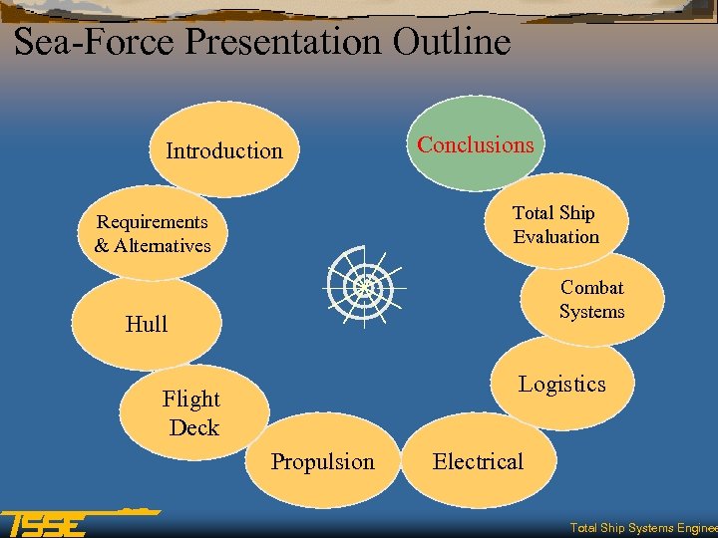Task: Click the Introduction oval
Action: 223,150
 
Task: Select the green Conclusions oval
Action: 476,144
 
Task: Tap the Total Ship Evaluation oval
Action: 555,224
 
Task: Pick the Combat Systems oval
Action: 592,300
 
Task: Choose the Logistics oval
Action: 561,385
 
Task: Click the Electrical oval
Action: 478,461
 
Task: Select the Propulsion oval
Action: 322,461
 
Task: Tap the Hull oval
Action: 147,324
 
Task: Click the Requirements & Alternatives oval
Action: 153,233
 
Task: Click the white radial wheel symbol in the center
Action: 362,287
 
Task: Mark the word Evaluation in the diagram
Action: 556,237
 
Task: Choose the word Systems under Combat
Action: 592,312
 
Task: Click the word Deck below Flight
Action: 193,427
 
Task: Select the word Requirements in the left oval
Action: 153,221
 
